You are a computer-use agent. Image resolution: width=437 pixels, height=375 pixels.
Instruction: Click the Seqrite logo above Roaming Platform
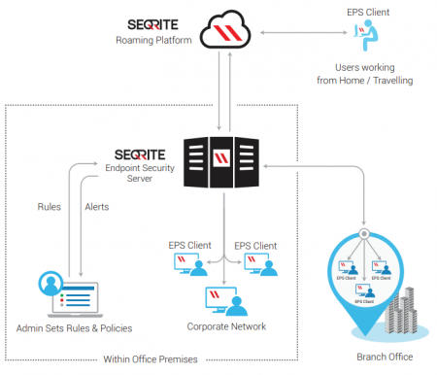[153, 22]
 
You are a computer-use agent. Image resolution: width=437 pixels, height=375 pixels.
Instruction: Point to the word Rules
[50, 207]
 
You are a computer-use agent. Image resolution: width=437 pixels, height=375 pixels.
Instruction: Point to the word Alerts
[97, 207]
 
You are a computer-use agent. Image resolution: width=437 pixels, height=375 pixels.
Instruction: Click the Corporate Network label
[224, 327]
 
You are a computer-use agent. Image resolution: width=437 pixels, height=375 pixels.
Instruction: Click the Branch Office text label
[385, 357]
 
